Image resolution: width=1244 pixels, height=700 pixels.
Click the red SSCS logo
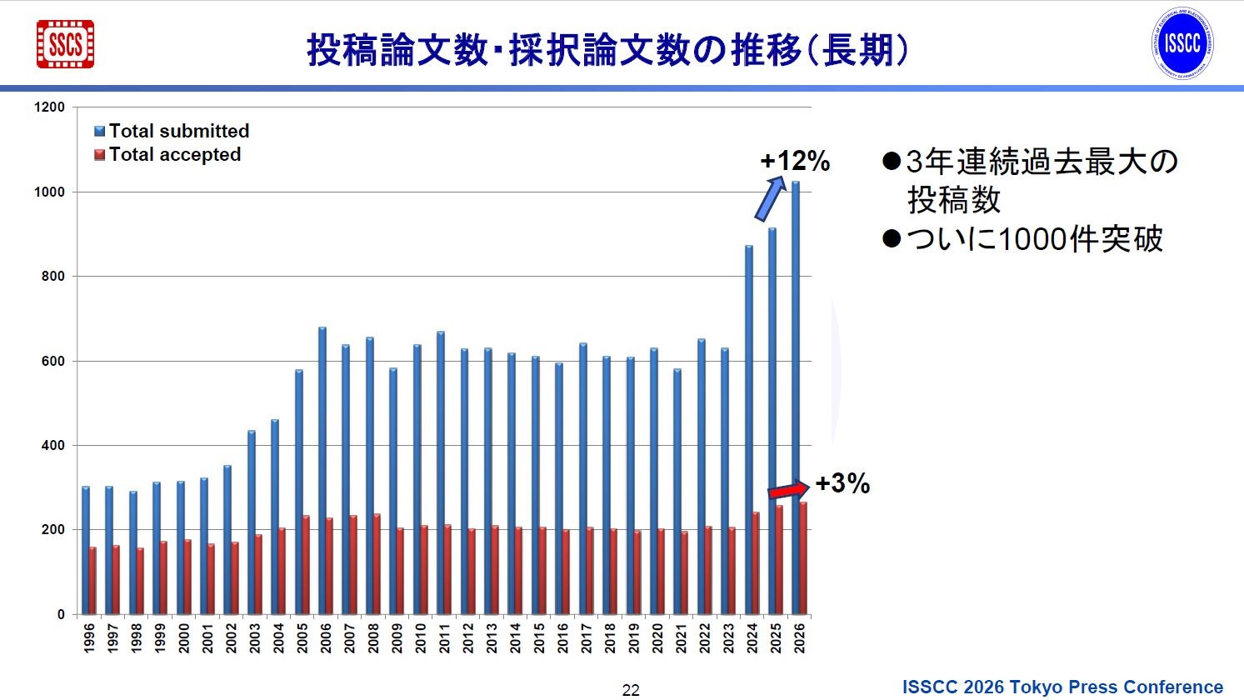[65, 44]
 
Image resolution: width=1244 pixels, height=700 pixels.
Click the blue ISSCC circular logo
[1182, 44]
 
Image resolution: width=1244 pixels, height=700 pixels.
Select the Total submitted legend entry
[172, 131]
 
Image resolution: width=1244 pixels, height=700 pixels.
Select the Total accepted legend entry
[167, 154]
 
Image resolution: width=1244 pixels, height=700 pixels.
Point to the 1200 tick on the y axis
[49, 107]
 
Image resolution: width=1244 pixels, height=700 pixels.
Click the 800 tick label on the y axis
[52, 276]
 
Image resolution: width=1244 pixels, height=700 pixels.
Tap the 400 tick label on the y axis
[52, 445]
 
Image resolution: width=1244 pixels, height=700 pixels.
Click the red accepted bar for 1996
[92, 580]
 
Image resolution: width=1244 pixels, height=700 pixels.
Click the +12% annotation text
[795, 161]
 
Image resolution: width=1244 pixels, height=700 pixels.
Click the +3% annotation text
[842, 483]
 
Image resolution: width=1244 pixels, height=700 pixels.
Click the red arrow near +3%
[787, 490]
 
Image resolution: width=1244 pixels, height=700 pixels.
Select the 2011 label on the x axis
[444, 637]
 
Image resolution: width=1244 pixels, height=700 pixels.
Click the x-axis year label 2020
[657, 637]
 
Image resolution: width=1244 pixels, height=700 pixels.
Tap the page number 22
[631, 690]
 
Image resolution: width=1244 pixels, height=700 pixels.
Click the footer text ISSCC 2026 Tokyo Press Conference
[1062, 687]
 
